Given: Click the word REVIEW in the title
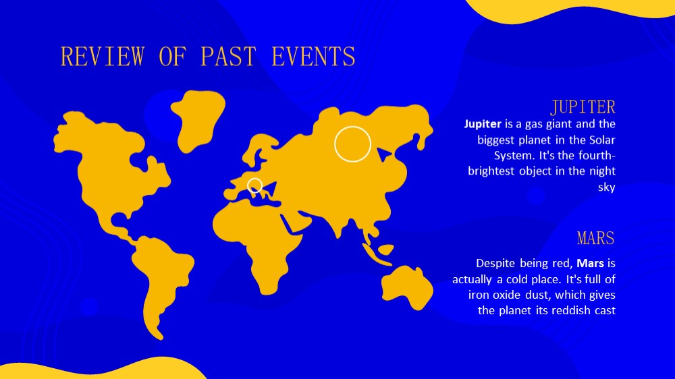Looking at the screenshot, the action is click(102, 57).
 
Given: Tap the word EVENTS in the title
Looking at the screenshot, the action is click(313, 57).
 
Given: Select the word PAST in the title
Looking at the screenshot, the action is click(229, 57).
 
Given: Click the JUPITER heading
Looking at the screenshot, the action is click(583, 107).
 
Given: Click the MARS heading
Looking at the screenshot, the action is click(596, 238).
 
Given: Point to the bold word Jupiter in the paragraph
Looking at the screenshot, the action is click(483, 124).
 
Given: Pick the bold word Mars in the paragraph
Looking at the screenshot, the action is click(590, 263).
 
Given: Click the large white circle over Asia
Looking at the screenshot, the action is click(352, 127).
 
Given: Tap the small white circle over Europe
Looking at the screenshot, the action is click(255, 179).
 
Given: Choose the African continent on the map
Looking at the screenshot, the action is click(259, 241).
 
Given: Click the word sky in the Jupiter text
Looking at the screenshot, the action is click(607, 187).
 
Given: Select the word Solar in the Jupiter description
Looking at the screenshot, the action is click(602, 140).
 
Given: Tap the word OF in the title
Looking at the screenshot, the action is click(173, 57).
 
